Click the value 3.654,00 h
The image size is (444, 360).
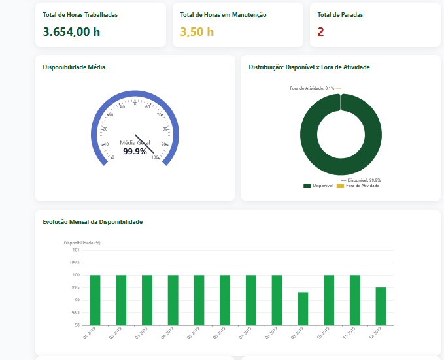(x=71, y=31)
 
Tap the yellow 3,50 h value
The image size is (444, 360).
(x=197, y=31)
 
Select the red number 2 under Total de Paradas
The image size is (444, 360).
(x=320, y=31)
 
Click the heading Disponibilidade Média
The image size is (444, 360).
(x=74, y=67)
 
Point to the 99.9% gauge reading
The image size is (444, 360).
(x=135, y=151)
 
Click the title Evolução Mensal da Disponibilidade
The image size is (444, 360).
(x=92, y=222)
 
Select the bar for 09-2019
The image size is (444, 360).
(x=303, y=308)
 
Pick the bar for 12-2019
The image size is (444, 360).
(x=381, y=306)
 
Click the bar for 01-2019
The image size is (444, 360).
(x=95, y=300)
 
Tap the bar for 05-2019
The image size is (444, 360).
(x=199, y=300)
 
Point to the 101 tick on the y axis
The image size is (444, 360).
(x=76, y=250)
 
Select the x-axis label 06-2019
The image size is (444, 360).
(x=220, y=334)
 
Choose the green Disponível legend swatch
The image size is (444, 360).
(x=307, y=186)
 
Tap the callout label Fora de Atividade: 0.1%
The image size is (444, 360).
(x=312, y=88)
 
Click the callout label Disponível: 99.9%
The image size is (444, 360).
(x=364, y=180)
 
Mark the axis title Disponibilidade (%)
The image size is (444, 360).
(x=82, y=243)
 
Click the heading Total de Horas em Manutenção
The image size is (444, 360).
(x=223, y=14)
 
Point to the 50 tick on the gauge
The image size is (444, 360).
(x=135, y=103)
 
